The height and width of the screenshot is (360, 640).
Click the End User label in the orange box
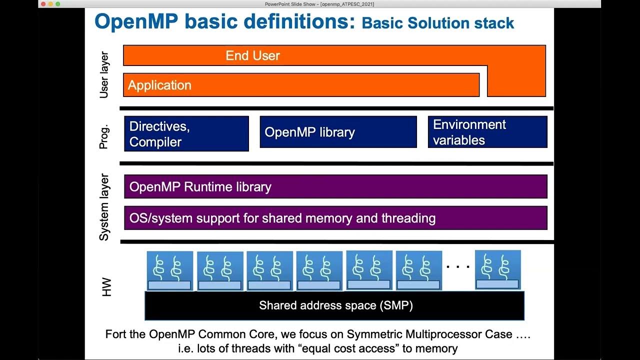point(252,55)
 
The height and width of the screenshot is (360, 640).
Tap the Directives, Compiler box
point(186,133)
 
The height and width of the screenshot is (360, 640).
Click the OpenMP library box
point(338,132)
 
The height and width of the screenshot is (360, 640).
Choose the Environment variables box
point(487,132)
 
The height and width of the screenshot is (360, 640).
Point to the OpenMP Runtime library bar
point(335,186)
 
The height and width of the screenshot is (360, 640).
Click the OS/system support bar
point(335,218)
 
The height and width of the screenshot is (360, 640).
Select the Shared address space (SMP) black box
point(334,305)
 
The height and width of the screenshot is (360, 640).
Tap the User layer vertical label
point(104,74)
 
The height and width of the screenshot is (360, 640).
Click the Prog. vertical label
point(104,136)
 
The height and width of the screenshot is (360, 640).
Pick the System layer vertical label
point(104,207)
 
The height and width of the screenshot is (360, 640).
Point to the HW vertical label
point(106,287)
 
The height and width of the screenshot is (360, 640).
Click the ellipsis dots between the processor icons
point(458,267)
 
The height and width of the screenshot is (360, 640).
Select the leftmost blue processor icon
point(169,270)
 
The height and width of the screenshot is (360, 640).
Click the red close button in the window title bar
point(43,4)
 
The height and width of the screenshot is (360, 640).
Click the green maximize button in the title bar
point(57,4)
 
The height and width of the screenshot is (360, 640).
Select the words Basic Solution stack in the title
point(438,23)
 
